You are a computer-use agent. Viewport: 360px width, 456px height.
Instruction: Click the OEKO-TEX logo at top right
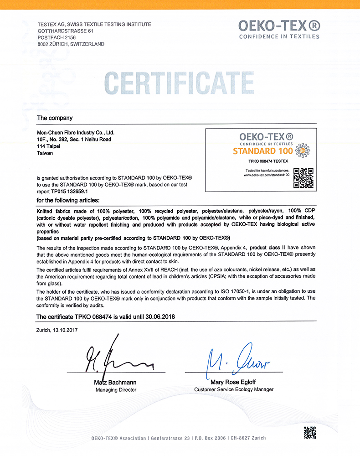pos(279,28)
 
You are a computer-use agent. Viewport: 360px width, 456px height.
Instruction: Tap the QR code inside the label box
pos(303,178)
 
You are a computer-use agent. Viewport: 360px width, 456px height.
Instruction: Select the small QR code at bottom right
pos(309,432)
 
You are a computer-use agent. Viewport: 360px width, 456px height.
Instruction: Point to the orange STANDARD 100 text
pos(260,151)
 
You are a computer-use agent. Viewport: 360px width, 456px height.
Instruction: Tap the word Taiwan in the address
pos(45,153)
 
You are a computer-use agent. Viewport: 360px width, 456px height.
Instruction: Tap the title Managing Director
pos(116,390)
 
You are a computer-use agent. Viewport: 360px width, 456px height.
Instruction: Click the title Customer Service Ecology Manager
pos(234,389)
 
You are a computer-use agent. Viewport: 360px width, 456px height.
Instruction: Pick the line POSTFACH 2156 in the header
pos(56,37)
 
